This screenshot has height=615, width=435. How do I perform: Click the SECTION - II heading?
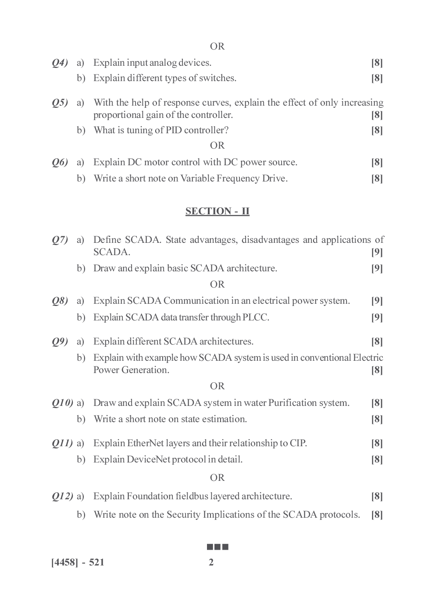(217, 211)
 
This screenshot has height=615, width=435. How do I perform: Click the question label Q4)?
(60, 63)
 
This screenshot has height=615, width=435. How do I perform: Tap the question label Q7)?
(60, 240)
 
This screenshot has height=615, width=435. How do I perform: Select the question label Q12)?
(62, 496)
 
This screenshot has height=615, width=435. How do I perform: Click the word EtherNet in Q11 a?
(145, 443)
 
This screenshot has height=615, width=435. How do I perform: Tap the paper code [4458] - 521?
(78, 562)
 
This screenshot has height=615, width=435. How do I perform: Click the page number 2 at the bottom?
(211, 562)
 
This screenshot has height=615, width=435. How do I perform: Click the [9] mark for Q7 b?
(377, 268)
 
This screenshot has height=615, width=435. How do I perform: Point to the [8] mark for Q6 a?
(377, 163)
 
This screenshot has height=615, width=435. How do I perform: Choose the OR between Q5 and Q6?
(217, 146)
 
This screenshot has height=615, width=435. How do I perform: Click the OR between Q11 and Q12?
(217, 478)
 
